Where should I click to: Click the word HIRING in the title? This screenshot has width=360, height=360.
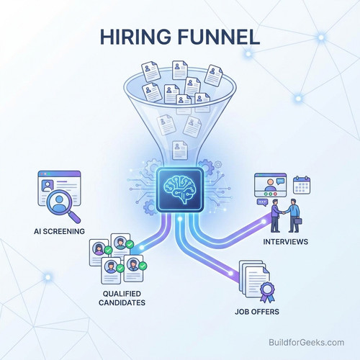click(135, 37)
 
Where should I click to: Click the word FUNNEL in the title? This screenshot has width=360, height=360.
click(219, 37)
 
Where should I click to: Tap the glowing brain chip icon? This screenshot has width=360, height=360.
click(180, 190)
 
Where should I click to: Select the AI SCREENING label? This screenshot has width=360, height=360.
click(59, 231)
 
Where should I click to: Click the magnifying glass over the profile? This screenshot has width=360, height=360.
click(62, 204)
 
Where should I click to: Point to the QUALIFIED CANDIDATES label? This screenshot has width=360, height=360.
click(122, 298)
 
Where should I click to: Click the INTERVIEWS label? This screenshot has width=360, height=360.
click(286, 241)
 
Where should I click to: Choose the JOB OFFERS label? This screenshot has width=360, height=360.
click(257, 312)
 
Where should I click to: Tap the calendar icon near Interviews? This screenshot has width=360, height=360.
click(302, 185)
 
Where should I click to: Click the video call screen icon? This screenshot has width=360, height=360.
click(271, 185)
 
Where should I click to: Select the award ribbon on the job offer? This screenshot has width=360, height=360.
click(267, 292)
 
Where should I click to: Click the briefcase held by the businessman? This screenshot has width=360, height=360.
click(298, 221)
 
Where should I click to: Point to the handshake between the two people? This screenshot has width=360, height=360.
click(284, 212)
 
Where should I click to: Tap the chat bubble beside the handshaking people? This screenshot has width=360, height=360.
click(262, 202)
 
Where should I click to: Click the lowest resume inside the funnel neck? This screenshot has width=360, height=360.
click(180, 150)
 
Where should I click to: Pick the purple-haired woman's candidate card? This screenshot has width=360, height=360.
click(99, 253)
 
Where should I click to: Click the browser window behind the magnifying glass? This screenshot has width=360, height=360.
click(59, 188)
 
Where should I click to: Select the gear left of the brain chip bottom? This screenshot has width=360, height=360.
click(150, 207)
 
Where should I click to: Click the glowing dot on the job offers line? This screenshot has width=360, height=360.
click(230, 274)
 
